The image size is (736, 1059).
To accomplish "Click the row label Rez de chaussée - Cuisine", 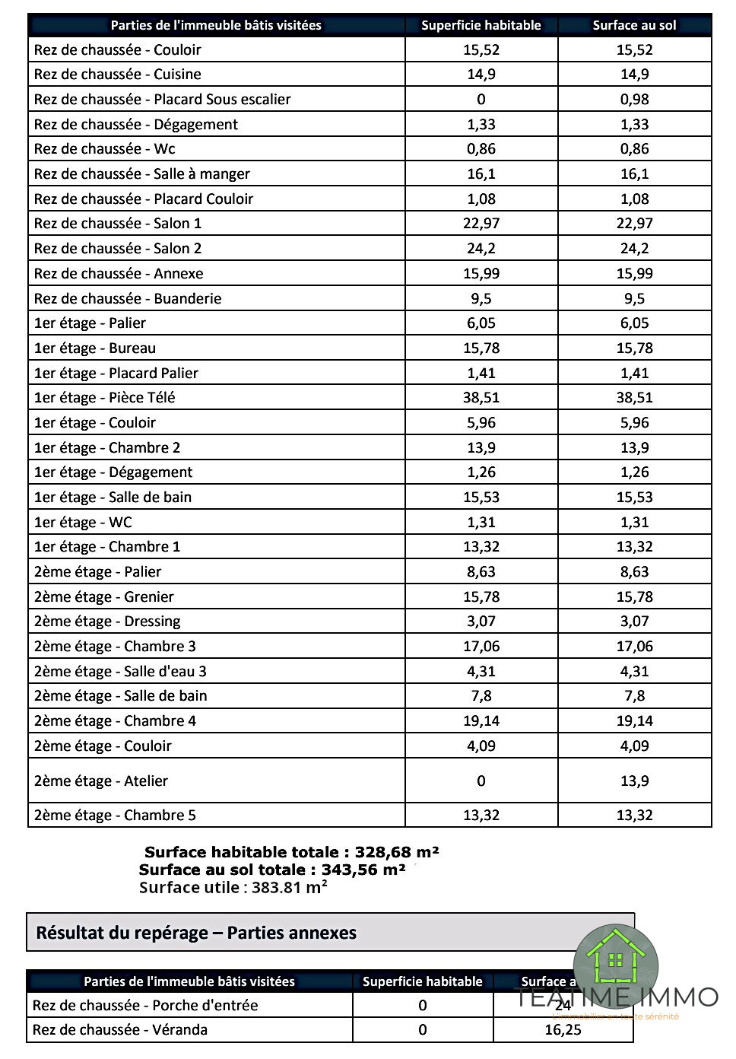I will click(118, 75).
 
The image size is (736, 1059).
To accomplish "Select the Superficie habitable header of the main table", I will click(481, 25).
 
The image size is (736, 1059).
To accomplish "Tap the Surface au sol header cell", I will click(634, 25).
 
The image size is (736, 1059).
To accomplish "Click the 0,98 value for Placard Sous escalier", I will click(634, 100).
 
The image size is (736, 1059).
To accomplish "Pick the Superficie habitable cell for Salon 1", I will click(481, 224).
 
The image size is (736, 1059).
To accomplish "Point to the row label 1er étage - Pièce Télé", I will click(105, 398).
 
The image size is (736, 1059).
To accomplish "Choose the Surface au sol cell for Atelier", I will click(634, 781).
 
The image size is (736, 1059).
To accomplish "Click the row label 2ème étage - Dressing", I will click(107, 622).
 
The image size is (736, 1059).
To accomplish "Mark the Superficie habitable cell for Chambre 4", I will click(481, 721).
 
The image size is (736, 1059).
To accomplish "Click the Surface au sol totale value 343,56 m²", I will click(363, 870).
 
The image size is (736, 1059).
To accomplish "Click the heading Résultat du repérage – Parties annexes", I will click(196, 933).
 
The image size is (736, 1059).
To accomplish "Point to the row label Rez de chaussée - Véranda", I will click(120, 1030).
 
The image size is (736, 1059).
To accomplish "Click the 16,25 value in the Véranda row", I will click(563, 1030).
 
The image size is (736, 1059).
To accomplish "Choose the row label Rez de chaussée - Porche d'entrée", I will click(145, 1006).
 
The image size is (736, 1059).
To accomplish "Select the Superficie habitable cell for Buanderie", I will click(481, 299).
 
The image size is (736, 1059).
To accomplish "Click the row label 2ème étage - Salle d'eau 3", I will click(120, 672).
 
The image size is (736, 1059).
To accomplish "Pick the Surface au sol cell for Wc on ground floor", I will click(634, 149).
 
